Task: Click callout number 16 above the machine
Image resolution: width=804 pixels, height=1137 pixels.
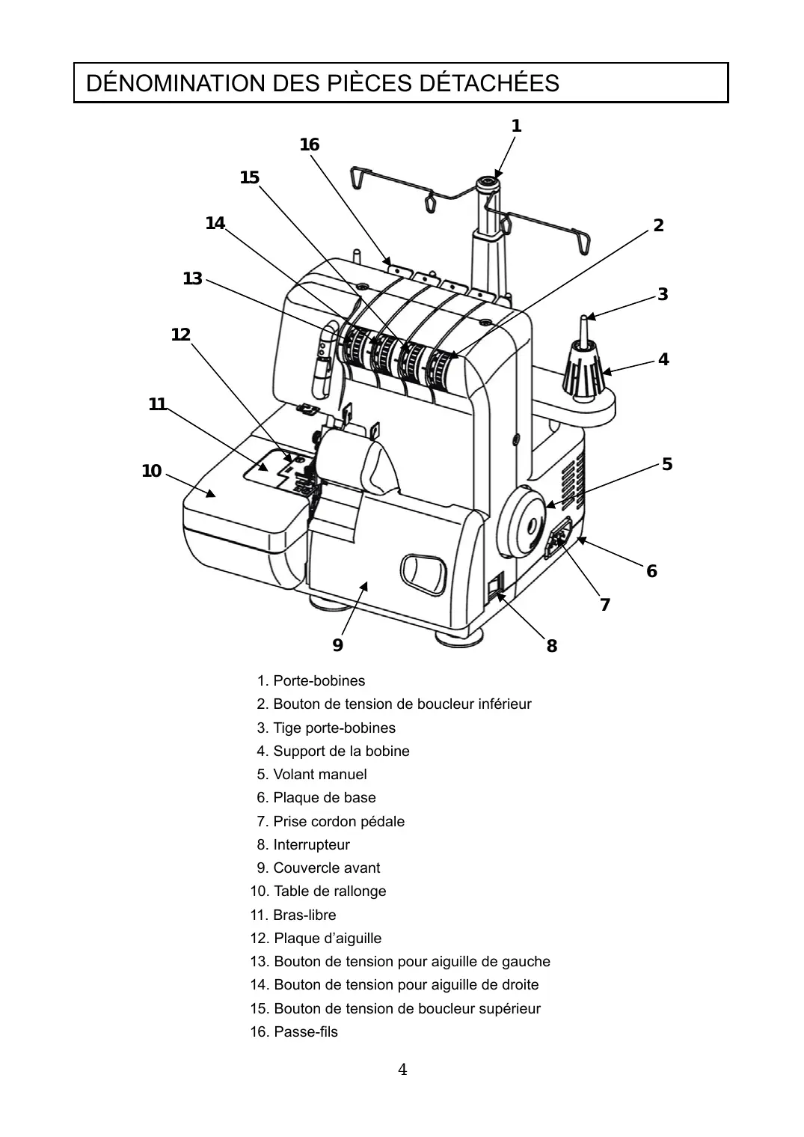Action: click(x=310, y=144)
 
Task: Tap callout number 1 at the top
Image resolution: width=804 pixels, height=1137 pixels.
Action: click(x=516, y=125)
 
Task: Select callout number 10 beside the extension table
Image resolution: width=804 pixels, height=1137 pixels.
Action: click(x=152, y=471)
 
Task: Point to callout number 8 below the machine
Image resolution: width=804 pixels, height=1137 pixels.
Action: click(x=552, y=646)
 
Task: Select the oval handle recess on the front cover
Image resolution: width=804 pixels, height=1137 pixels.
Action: click(x=423, y=573)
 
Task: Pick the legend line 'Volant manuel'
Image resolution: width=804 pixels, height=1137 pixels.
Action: click(x=311, y=774)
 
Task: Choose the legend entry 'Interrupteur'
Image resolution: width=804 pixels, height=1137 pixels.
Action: click(x=304, y=844)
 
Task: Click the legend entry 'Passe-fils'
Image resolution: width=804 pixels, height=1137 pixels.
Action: click(x=294, y=1031)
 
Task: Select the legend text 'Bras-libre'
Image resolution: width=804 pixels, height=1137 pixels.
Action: click(x=292, y=915)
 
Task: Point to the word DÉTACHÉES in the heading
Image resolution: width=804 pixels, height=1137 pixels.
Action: click(x=489, y=83)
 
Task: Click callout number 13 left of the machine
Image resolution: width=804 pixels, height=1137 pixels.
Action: click(x=192, y=278)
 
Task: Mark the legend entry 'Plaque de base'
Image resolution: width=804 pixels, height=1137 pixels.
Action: click(x=316, y=797)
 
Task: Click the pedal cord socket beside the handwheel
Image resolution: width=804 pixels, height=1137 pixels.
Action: click(x=559, y=538)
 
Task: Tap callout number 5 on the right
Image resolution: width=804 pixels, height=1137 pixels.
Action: click(x=667, y=464)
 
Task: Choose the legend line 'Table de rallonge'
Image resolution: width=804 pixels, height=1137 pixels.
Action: click(x=318, y=891)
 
